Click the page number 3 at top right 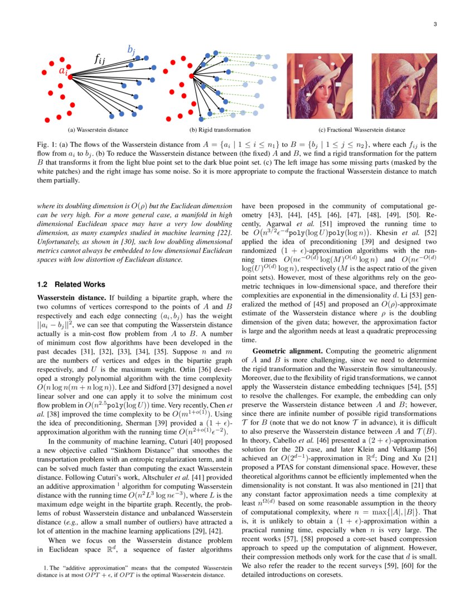pos(434,24)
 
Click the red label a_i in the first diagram pos(64,71)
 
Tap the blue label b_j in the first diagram pos(131,50)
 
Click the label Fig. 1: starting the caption pos(46,145)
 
